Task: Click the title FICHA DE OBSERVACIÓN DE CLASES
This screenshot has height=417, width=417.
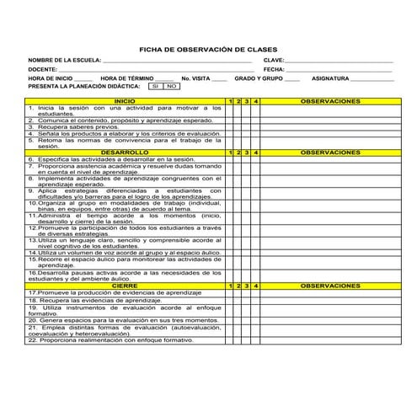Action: tap(207, 50)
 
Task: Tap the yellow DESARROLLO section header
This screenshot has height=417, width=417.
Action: tap(125, 152)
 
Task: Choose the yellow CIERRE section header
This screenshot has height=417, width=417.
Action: tap(125, 286)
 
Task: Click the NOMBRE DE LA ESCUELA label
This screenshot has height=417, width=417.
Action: tap(64, 61)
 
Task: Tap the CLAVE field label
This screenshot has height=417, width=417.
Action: tap(274, 61)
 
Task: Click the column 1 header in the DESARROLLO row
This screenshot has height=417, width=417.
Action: tap(231, 152)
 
